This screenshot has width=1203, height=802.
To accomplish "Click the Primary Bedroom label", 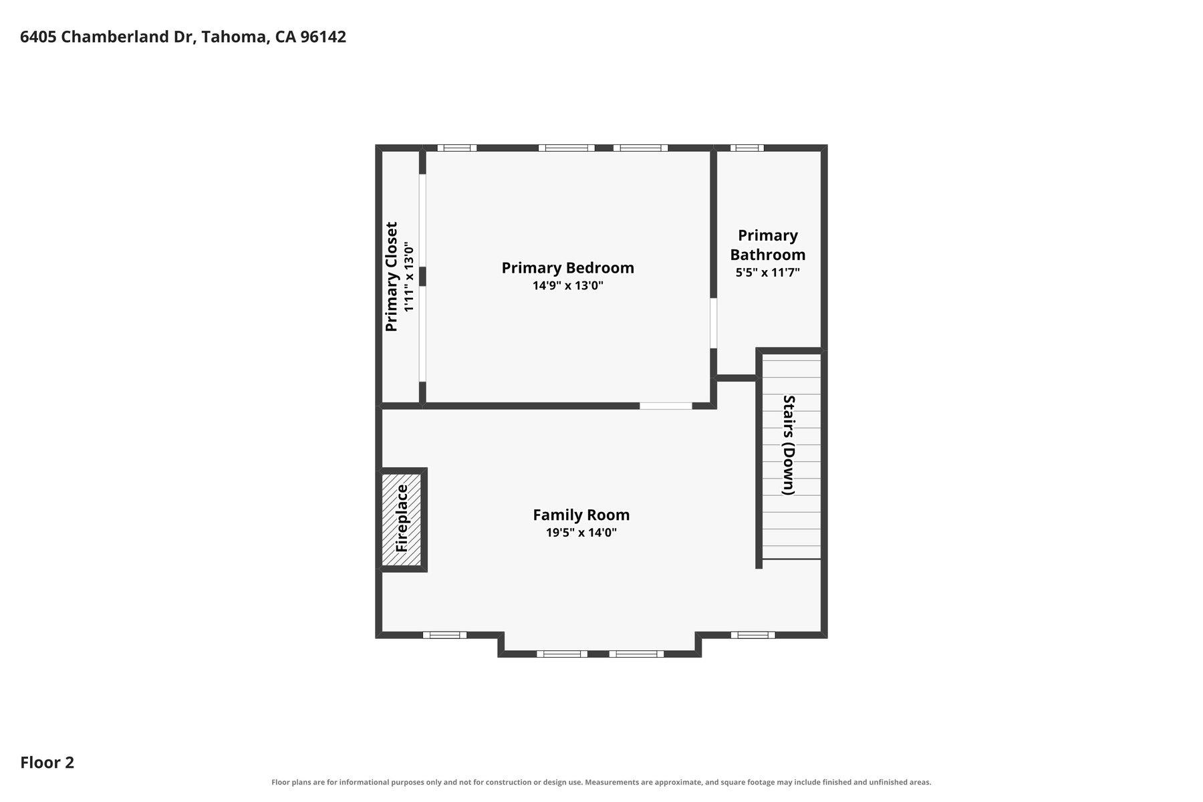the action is pyautogui.click(x=567, y=268).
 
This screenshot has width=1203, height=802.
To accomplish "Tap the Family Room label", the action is pyautogui.click(x=581, y=515).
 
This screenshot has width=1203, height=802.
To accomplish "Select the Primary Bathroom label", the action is pyautogui.click(x=767, y=245).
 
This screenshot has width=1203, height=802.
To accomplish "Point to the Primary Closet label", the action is pyautogui.click(x=392, y=277).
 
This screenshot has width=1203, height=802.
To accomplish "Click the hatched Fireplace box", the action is pyautogui.click(x=402, y=520).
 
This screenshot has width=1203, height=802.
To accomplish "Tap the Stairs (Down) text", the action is pyautogui.click(x=789, y=445).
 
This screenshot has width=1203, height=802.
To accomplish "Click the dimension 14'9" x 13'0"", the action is pyautogui.click(x=567, y=286).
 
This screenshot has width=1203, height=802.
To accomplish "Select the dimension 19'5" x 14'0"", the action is pyautogui.click(x=581, y=533).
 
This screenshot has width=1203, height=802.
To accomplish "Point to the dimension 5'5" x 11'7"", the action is pyautogui.click(x=767, y=273).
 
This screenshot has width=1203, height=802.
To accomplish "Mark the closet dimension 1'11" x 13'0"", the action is pyautogui.click(x=409, y=277).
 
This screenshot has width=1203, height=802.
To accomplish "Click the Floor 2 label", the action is pyautogui.click(x=47, y=763).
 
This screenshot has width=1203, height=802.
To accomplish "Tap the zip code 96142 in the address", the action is pyautogui.click(x=323, y=37).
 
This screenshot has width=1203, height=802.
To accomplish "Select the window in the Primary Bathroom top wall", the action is pyautogui.click(x=747, y=148).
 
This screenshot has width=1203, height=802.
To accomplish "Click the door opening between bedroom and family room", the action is pyautogui.click(x=666, y=406).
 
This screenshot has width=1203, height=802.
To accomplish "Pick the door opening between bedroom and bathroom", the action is pyautogui.click(x=713, y=323).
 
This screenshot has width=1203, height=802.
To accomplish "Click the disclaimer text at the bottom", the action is pyautogui.click(x=601, y=782).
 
